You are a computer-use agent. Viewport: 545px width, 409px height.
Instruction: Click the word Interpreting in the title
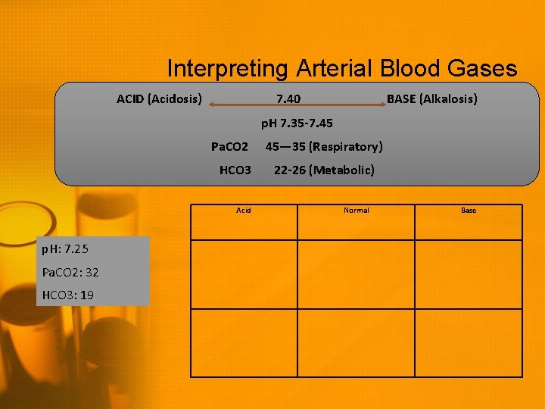226,69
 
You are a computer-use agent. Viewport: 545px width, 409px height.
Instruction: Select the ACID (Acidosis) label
159,99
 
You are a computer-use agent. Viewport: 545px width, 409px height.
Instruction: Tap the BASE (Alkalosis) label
431,99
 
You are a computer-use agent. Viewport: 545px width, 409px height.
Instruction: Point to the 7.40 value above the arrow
288,99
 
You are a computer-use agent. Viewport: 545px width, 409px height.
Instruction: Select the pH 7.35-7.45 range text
297,123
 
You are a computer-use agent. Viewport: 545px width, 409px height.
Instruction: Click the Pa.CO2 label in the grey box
229,146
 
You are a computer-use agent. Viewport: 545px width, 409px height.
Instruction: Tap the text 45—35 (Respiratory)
323,146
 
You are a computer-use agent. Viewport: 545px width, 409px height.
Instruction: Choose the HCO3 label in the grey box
235,170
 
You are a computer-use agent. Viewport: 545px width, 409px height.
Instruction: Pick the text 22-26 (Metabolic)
324,170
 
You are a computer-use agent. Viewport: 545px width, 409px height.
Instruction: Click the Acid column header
244,210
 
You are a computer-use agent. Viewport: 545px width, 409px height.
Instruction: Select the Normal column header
357,210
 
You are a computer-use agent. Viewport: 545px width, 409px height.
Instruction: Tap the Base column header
469,210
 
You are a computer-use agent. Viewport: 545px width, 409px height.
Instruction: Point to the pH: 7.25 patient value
66,249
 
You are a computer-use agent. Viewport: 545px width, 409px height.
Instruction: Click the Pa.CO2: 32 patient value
70,272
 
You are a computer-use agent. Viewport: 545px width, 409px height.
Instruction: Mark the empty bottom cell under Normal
357,342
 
